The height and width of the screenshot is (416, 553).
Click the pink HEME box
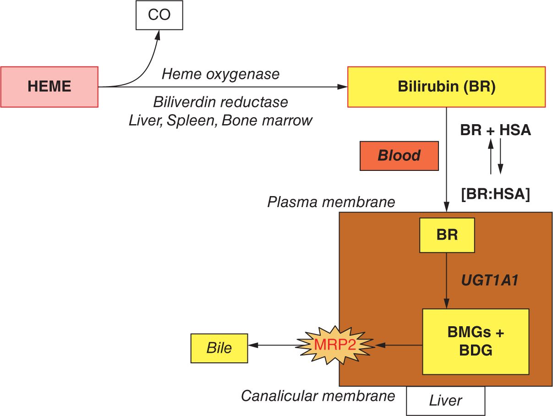[49, 87]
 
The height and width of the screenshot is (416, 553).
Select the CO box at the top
[159, 15]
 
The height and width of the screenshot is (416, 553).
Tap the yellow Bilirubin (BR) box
[446, 87]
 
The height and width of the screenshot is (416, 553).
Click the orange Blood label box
[399, 156]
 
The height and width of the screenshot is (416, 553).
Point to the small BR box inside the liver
[447, 235]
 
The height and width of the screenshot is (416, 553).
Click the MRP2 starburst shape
[335, 345]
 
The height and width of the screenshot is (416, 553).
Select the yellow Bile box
[219, 348]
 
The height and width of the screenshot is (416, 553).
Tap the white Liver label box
[445, 401]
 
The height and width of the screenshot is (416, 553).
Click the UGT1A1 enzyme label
[490, 280]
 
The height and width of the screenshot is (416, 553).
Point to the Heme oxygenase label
[220, 74]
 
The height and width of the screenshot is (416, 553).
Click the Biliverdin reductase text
[220, 102]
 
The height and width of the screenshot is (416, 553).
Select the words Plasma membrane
[331, 202]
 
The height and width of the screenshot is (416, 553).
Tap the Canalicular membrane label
[318, 395]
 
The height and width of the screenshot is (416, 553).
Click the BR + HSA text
[495, 130]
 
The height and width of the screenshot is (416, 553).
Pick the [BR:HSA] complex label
[495, 194]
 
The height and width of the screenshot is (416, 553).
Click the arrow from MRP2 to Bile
[274, 345]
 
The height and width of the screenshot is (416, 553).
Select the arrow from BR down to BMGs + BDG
[447, 280]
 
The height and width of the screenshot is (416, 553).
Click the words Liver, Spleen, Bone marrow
[220, 120]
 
